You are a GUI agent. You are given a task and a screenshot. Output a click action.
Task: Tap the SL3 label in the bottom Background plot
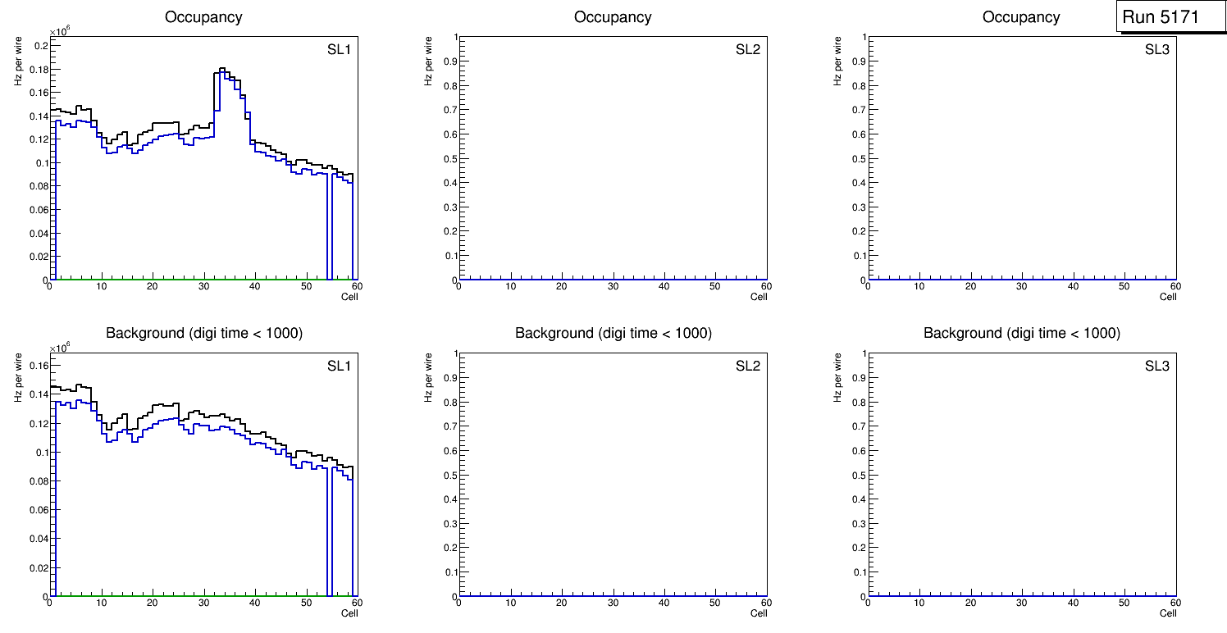[1156, 366]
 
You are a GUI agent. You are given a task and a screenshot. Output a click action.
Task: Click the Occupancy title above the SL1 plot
[203, 16]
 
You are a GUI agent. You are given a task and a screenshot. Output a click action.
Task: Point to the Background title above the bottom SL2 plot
[613, 333]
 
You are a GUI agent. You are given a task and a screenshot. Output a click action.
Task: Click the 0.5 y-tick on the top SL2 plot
[450, 158]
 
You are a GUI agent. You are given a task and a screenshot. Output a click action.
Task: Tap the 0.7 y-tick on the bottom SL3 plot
[859, 426]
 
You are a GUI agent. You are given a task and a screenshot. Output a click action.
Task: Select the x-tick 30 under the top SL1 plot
[203, 286]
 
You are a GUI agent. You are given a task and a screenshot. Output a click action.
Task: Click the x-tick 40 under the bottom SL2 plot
[664, 603]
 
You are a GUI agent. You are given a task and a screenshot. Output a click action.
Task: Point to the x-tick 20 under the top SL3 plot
[970, 286]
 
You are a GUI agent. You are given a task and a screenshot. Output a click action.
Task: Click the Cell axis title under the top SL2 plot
[759, 297]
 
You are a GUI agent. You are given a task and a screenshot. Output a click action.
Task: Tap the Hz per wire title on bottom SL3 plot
[838, 376]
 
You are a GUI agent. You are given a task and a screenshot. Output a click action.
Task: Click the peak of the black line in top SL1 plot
[222, 69]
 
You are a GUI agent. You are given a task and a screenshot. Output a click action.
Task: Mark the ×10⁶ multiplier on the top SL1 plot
[59, 32]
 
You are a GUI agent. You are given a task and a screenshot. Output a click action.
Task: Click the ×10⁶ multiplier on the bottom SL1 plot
[59, 348]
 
